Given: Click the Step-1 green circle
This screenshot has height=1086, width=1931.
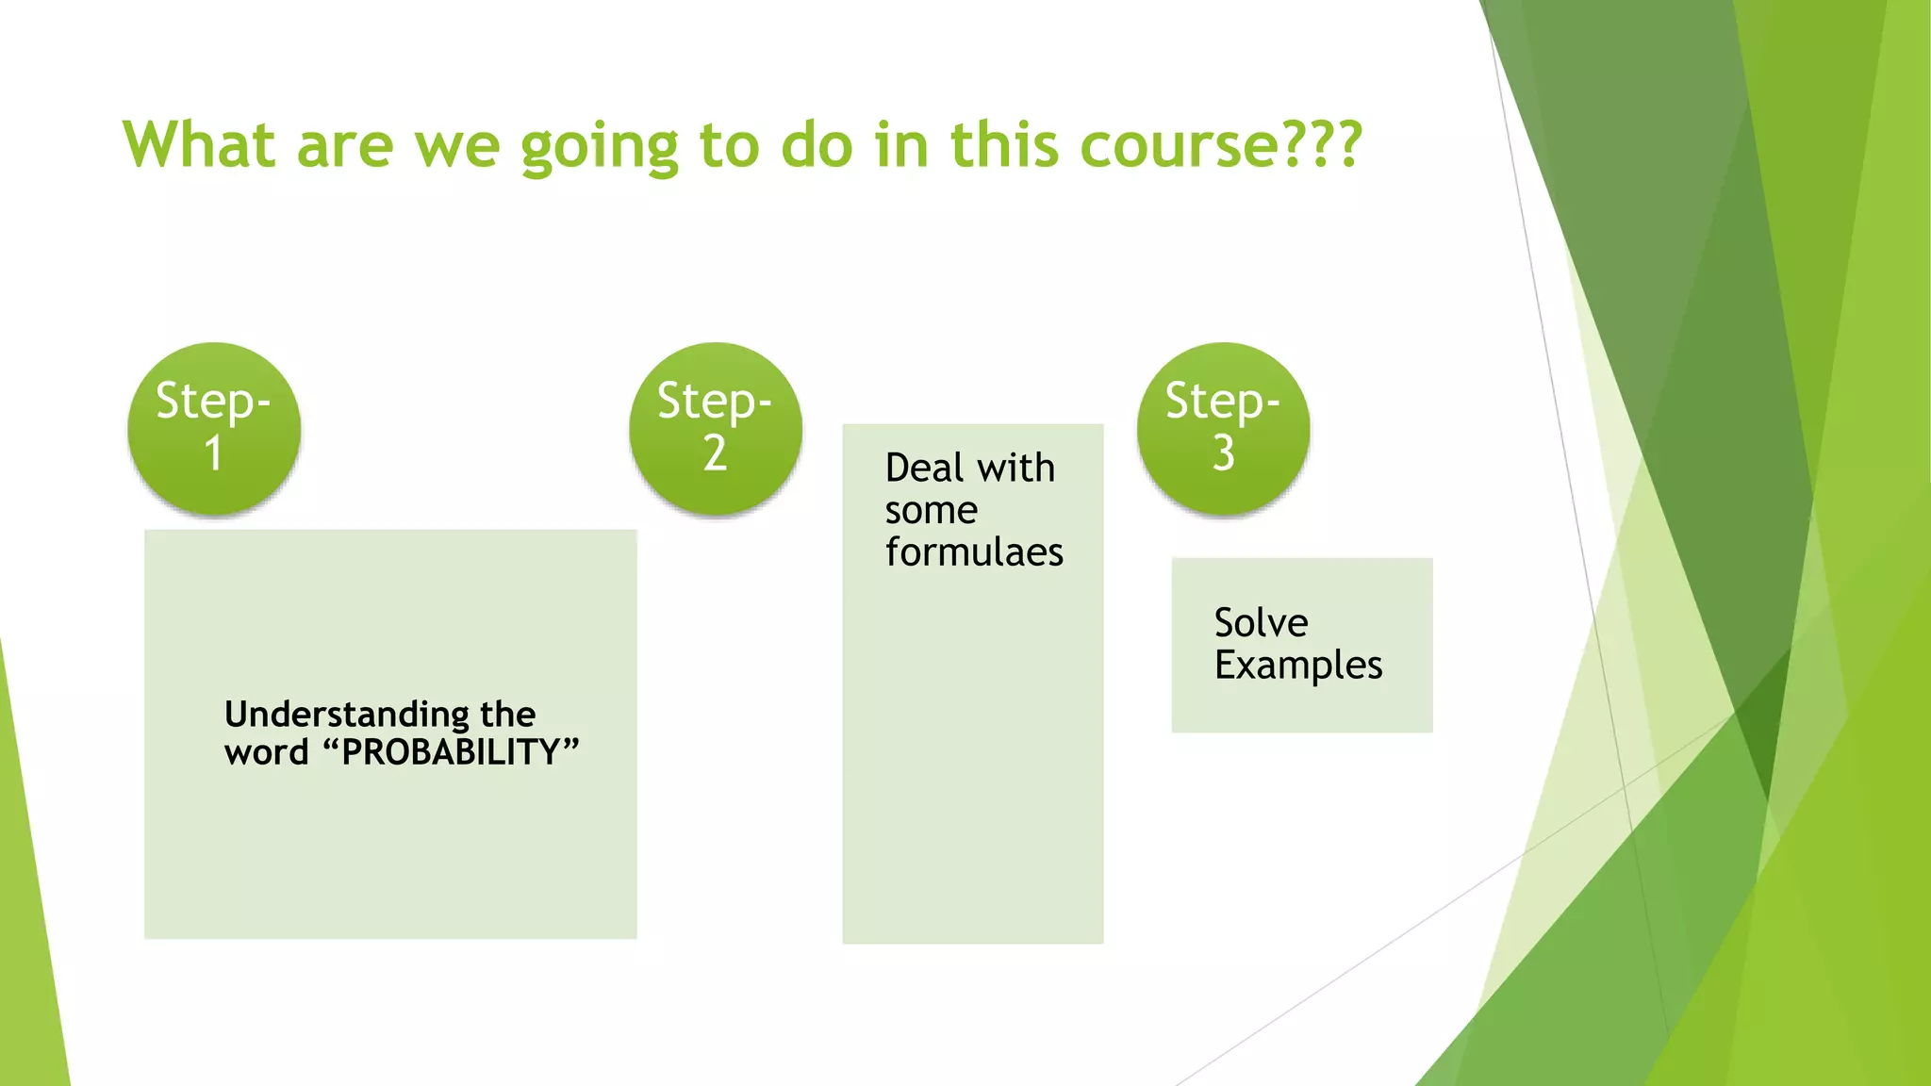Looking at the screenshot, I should coord(214,429).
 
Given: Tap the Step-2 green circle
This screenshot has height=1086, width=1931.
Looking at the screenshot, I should coord(716,429).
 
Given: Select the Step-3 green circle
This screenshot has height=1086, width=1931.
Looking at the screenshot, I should coord(1223,429).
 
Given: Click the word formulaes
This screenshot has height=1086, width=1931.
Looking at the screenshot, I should coord(974,552).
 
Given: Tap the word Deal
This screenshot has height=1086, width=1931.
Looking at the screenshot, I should coord(924,469).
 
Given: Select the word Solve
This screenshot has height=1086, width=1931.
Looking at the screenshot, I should coord(1261,623).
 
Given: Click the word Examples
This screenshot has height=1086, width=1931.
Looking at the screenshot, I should coord(1298,666).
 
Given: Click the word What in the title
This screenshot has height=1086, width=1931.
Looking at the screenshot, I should coord(199,146).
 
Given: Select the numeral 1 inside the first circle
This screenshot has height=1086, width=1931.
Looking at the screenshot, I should coord(214,453).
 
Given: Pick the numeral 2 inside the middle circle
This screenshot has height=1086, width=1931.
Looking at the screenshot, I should coord(715,453).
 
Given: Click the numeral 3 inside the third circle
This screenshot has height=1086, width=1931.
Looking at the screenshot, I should coord(1223,453).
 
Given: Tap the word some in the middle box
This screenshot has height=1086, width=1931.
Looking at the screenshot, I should coord(931,511).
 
